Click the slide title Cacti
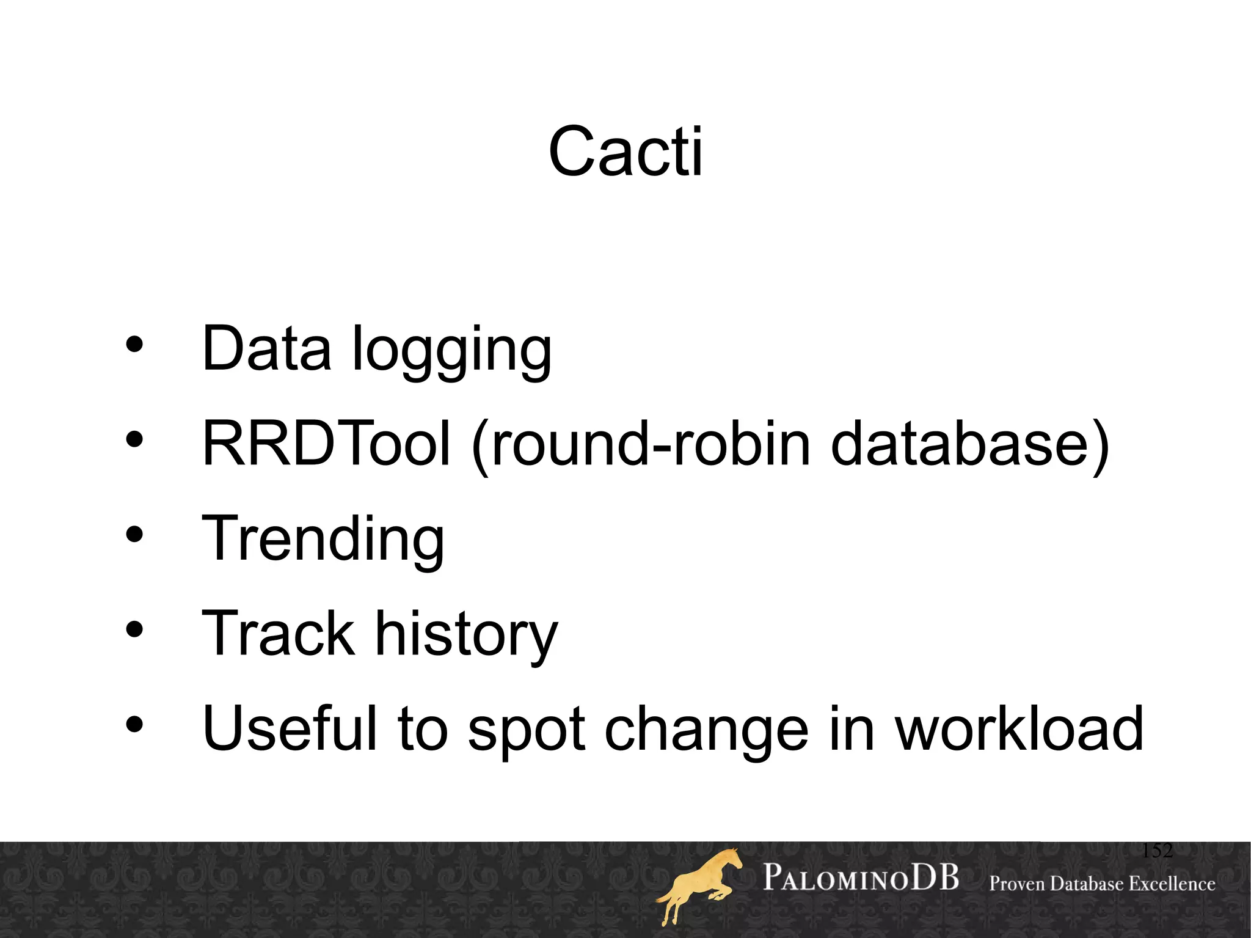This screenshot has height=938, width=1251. pyautogui.click(x=625, y=152)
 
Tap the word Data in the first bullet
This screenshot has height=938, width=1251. pyautogui.click(x=266, y=348)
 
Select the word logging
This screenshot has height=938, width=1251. pyautogui.click(x=452, y=351)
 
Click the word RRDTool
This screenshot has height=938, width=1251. pyautogui.click(x=326, y=443)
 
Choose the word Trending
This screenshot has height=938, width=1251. pyautogui.click(x=323, y=540)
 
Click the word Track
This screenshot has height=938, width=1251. pyautogui.click(x=278, y=634)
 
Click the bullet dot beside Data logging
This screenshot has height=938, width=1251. pyautogui.click(x=134, y=345)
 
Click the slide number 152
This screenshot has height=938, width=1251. pyautogui.click(x=1157, y=851)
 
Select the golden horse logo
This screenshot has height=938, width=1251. pyautogui.click(x=699, y=886)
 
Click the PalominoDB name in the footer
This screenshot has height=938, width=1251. pyautogui.click(x=861, y=878)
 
